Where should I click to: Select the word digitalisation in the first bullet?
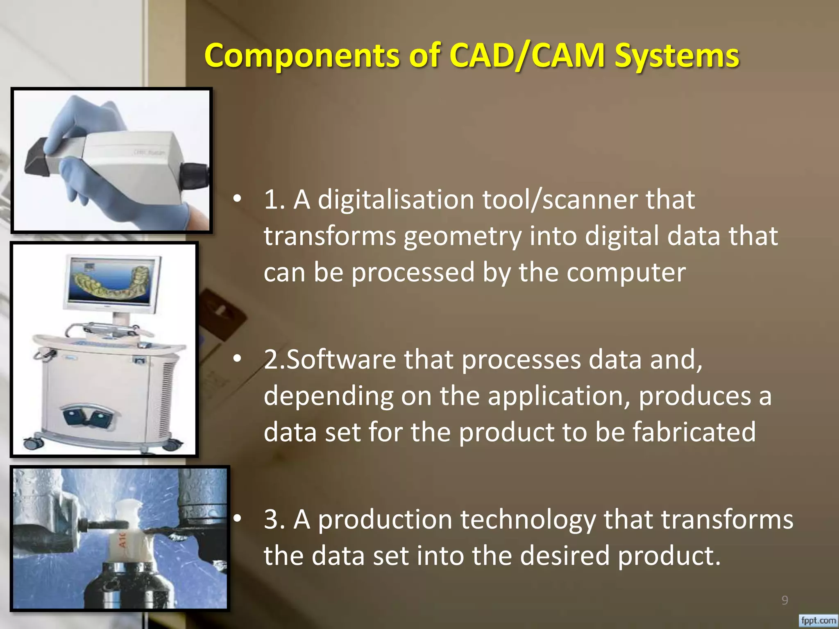click(x=396, y=200)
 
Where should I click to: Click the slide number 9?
click(x=785, y=600)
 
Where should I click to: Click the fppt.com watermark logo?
click(x=818, y=620)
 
